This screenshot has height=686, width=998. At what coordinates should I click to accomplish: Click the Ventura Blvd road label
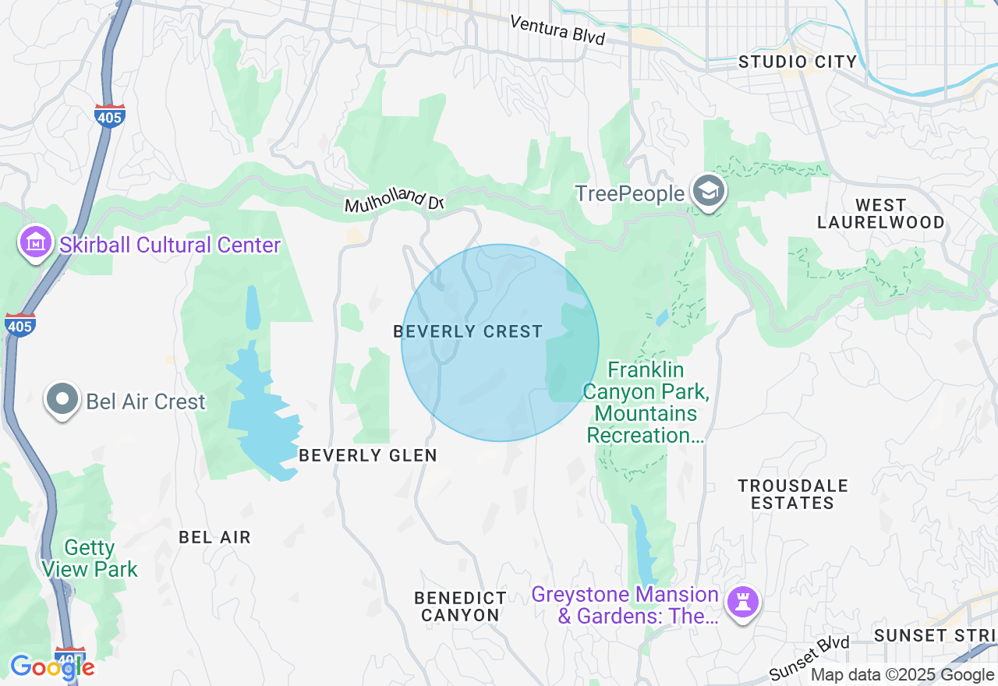tap(557, 30)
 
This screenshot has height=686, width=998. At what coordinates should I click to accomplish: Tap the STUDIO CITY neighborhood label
tap(798, 62)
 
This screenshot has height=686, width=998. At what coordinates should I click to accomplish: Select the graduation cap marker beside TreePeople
tap(709, 192)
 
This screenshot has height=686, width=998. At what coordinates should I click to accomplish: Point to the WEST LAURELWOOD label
tap(880, 214)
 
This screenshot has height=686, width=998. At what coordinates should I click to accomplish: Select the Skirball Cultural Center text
tap(170, 245)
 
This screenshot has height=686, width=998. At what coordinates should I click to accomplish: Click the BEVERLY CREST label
tap(468, 331)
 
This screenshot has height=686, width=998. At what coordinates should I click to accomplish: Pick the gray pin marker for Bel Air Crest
tap(62, 400)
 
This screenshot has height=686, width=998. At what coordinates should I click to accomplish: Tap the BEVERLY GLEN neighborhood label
tap(368, 455)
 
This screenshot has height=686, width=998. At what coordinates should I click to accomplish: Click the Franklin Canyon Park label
tap(646, 402)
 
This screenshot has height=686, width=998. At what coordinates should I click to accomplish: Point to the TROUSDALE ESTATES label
tap(793, 494)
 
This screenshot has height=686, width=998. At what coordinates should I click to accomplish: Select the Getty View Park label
tap(90, 559)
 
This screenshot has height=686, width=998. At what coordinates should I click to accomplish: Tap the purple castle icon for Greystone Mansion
tap(742, 603)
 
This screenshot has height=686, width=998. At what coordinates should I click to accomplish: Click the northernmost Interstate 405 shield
tap(109, 115)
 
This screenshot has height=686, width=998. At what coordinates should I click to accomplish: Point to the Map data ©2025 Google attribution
tap(902, 675)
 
